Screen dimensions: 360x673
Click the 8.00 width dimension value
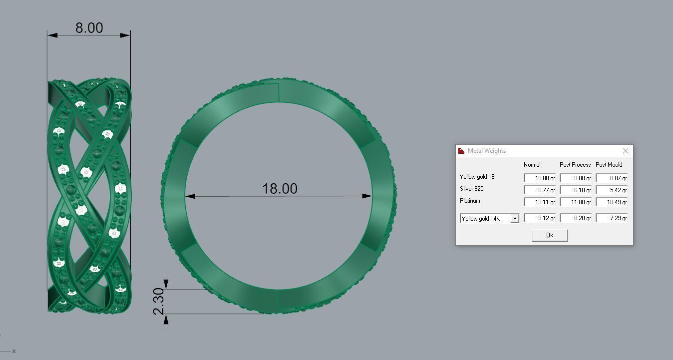click(89, 28)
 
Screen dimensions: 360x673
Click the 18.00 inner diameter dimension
click(280, 189)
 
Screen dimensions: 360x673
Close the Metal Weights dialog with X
click(626, 151)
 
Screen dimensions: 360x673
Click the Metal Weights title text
click(486, 151)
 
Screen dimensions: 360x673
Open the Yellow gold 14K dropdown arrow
click(515, 219)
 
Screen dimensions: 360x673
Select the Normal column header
click(532, 165)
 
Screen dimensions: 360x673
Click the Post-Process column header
click(575, 165)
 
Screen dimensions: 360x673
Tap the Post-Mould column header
click(609, 165)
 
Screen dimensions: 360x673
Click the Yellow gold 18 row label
click(477, 177)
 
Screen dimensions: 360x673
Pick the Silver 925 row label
click(471, 189)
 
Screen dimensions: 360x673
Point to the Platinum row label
click(470, 201)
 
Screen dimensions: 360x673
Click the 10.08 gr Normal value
click(540, 178)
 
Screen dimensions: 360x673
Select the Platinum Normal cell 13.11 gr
click(540, 202)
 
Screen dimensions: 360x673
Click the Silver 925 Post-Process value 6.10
click(576, 190)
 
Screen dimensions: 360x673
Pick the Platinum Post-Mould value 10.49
click(612, 202)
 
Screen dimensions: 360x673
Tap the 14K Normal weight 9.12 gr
click(540, 218)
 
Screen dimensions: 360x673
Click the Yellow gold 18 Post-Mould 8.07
click(612, 178)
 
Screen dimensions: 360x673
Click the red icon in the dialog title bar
click(461, 151)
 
